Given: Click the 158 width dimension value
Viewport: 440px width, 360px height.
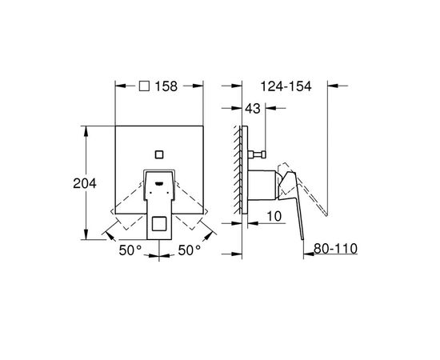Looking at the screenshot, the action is pos(166,86).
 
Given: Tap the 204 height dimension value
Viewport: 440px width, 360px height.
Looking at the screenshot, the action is pos(85,183).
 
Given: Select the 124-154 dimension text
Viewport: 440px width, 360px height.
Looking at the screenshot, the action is pos(286,86).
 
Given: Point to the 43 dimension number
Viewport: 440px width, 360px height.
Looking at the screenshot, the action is pos(253,108).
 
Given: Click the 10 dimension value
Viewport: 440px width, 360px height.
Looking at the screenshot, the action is pos(274,216).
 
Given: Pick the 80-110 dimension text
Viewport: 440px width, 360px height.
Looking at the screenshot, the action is pos(335,248).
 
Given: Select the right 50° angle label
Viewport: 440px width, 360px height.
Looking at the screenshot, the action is pos(190,250).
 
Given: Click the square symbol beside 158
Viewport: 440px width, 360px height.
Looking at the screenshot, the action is pos(144,86).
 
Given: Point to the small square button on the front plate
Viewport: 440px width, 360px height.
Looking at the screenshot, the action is pos(159,154).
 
